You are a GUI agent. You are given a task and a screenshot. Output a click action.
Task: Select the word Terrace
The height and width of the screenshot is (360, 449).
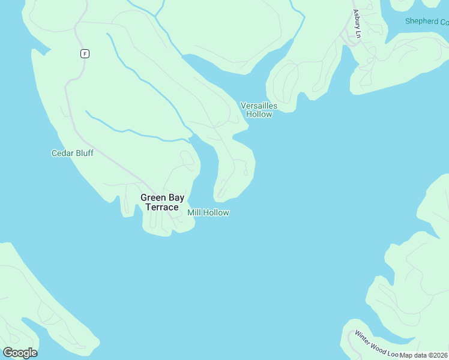point(162,208)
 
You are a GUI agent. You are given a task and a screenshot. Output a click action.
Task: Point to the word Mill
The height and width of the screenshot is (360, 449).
point(194,213)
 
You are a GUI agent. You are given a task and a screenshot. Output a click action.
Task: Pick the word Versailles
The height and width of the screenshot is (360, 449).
point(259,106)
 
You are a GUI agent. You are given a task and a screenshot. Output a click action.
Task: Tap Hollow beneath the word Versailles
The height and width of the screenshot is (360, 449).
point(259,114)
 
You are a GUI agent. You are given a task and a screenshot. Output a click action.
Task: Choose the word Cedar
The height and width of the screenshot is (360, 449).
point(62,154)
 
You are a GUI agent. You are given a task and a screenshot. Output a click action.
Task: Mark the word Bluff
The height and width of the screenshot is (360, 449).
point(85,154)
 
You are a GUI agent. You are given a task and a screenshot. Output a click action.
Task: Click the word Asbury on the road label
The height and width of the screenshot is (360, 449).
point(356,19)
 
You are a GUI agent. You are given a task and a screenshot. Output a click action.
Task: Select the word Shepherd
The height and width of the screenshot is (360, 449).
point(422,22)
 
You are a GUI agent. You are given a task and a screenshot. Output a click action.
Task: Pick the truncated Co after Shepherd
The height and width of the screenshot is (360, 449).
point(444,22)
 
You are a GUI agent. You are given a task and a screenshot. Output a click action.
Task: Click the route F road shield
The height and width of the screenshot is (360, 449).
point(85,53)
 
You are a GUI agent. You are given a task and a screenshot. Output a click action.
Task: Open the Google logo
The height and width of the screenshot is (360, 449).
point(20,353)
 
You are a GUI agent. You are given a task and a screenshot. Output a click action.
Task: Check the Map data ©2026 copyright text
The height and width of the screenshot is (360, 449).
point(424,355)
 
